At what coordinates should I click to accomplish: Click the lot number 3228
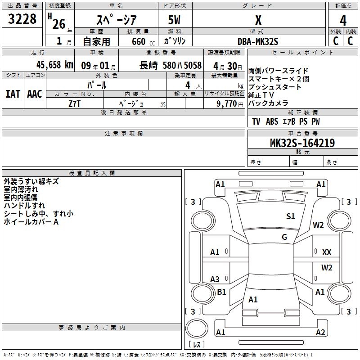coord(22,19)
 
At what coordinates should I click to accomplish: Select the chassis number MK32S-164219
coord(302,143)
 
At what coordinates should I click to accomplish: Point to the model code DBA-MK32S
coord(258,41)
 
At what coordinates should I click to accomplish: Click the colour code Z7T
coord(75,103)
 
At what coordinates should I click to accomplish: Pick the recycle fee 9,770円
coord(229,103)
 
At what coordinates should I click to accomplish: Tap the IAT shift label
coord(13,94)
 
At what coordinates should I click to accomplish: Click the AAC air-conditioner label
coord(35,94)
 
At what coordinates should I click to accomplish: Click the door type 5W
coord(175,20)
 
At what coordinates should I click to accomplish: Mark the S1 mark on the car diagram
coord(291,216)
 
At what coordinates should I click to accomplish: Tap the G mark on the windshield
coord(284,237)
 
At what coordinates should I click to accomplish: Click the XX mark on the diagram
coord(327,252)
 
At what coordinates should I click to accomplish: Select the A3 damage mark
coord(215,279)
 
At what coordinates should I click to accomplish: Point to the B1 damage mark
coord(221,292)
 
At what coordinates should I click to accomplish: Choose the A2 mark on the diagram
coord(320,333)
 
